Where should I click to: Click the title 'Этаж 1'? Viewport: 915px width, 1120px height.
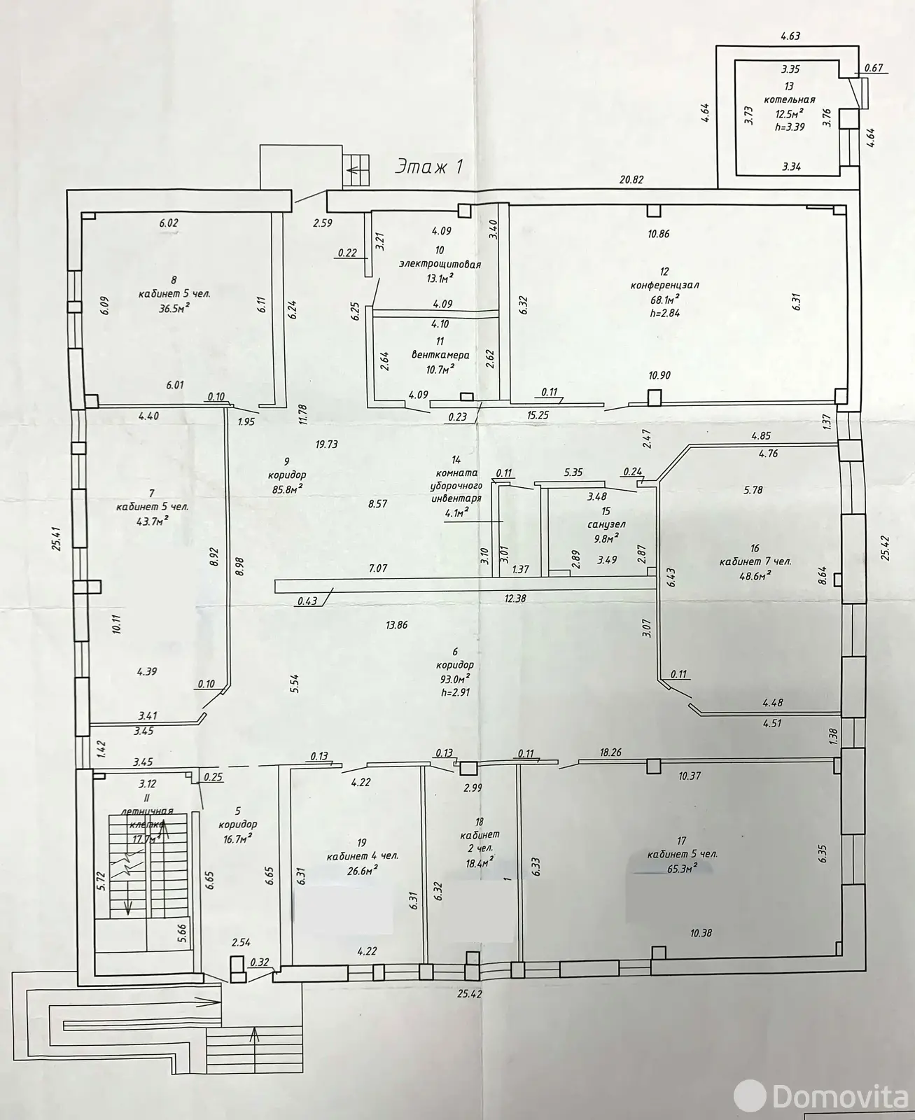430,167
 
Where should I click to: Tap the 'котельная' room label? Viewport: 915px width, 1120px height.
789,100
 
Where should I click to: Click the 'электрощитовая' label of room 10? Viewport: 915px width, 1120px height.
440,264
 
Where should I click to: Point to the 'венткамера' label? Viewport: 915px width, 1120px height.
440,355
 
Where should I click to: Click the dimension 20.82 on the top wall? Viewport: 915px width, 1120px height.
631,180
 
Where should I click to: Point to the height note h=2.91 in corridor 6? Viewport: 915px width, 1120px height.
456,691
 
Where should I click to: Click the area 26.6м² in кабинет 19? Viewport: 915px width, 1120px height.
362,869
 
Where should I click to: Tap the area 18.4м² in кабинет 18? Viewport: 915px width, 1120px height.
480,860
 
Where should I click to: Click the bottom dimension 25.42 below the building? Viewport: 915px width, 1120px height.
471,993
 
